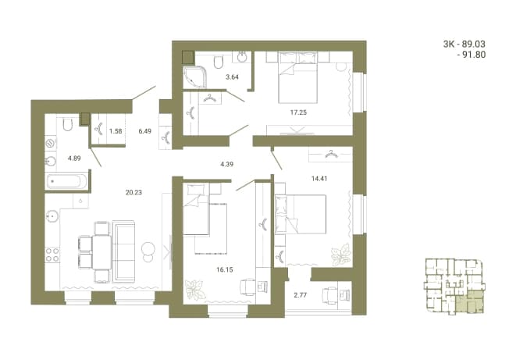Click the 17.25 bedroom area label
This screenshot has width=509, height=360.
pyautogui.click(x=298, y=112)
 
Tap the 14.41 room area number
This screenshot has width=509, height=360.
pyautogui.click(x=319, y=178)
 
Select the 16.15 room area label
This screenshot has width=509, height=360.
pyautogui.click(x=225, y=269)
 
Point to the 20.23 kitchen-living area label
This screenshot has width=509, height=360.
pyautogui.click(x=133, y=193)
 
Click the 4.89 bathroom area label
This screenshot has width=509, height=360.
pyautogui.click(x=74, y=159)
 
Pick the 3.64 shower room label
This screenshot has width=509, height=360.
pyautogui.click(x=232, y=77)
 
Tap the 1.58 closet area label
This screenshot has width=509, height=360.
pyautogui.click(x=116, y=131)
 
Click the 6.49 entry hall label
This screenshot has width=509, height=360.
pyautogui.click(x=144, y=131)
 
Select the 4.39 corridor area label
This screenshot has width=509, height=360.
pyautogui.click(x=226, y=164)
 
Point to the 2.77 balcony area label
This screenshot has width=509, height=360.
pyautogui.click(x=301, y=295)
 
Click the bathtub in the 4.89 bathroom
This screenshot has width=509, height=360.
pyautogui.click(x=67, y=181)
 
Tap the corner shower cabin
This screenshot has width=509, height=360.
pyautogui.click(x=194, y=77)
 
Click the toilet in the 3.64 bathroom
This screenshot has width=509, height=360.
pyautogui.click(x=219, y=62)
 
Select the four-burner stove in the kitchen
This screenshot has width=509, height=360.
pyautogui.click(x=52, y=255)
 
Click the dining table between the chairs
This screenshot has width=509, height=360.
pyautogui.click(x=101, y=252)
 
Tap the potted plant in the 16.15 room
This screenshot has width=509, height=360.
pyautogui.click(x=195, y=290)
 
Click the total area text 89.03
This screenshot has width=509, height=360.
pyautogui.click(x=474, y=44)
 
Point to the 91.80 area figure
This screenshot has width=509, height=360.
pyautogui.click(x=474, y=55)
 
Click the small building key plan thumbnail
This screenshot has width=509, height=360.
pyautogui.click(x=454, y=287)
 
